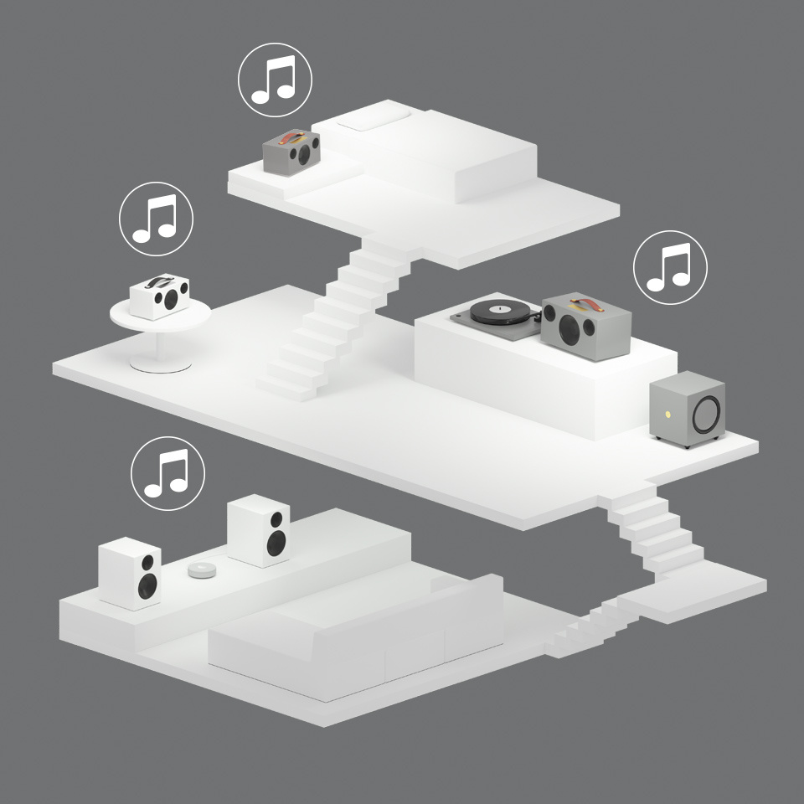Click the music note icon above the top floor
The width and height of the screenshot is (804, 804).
click(x=275, y=80)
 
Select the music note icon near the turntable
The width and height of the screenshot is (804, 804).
click(x=670, y=266)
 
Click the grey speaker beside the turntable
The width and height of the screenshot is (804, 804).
click(x=580, y=327)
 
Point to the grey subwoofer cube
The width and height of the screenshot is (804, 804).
click(x=687, y=410)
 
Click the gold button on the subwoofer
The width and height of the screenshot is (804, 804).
click(x=667, y=414)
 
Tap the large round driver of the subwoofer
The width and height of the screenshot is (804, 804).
click(x=706, y=413)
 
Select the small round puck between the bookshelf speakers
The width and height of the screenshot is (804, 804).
click(x=201, y=570)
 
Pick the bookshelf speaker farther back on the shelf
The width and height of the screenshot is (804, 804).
click(x=259, y=531)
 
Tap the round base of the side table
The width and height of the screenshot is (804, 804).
click(x=160, y=364)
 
